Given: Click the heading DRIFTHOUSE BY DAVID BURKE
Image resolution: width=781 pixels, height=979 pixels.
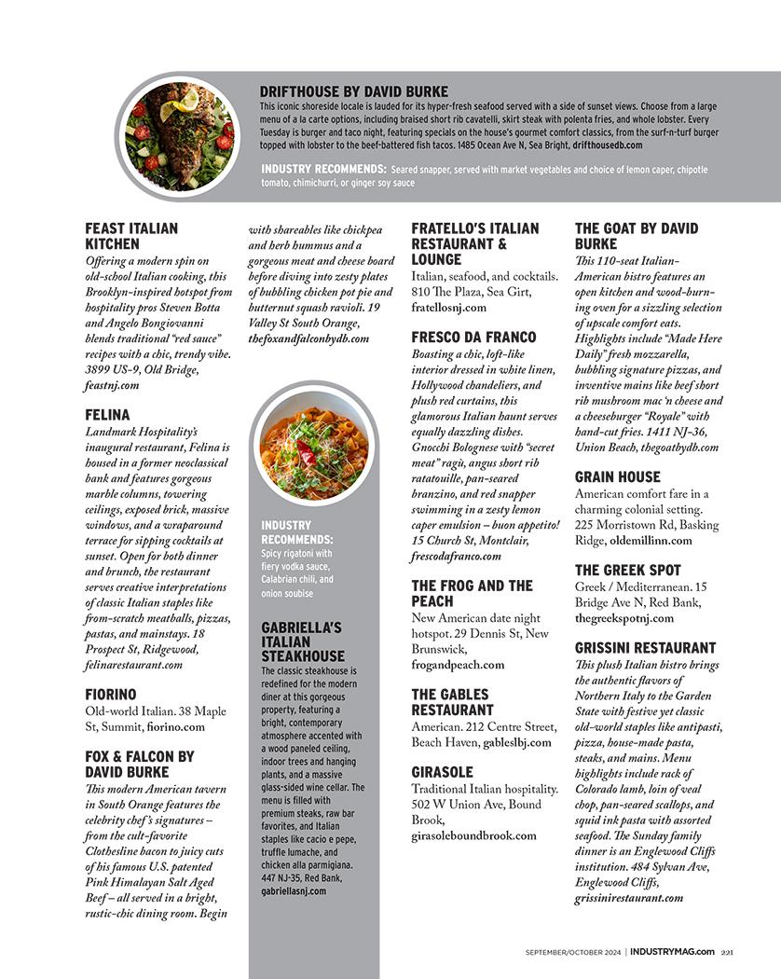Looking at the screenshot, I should [x=353, y=91].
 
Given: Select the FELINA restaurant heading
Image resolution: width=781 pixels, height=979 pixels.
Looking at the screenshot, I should [x=107, y=414].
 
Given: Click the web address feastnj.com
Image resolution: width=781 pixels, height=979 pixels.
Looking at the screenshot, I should [x=112, y=384].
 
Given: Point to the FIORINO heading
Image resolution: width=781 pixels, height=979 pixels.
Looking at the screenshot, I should [x=110, y=694].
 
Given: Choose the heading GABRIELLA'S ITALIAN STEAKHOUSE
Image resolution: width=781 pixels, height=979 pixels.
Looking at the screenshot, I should [x=303, y=641].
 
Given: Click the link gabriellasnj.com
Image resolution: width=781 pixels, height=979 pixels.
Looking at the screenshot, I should [x=294, y=890].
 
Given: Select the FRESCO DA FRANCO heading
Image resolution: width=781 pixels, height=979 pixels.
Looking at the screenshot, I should [x=473, y=337].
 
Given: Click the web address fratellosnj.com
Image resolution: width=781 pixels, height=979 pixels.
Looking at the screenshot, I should [x=448, y=307].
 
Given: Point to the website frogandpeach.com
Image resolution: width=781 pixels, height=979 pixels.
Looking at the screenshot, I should [x=458, y=665].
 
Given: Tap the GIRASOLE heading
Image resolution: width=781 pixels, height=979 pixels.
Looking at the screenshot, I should [x=442, y=772].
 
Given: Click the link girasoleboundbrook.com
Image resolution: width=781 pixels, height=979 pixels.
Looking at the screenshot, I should [x=473, y=835].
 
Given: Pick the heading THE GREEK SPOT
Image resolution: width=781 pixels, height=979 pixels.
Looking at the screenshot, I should [x=627, y=570].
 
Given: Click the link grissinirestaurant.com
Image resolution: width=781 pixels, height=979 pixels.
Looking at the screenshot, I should [x=628, y=898].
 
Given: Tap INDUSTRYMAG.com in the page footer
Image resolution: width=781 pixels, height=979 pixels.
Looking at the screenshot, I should [x=672, y=951].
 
